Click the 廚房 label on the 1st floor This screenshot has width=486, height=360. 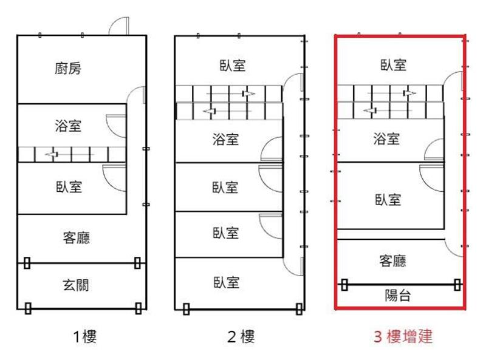(x=68, y=69)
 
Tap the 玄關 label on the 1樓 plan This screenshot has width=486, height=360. (x=76, y=285)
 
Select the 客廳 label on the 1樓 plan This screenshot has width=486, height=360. (x=77, y=237)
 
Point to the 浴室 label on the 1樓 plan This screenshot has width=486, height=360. (x=68, y=126)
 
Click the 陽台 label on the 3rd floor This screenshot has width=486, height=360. (x=398, y=295)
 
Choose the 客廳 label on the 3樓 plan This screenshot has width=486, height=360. (x=392, y=261)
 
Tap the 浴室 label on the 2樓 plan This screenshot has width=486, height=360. (x=225, y=139)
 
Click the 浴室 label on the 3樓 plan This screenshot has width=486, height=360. (x=386, y=138)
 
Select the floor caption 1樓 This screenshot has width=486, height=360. (x=85, y=336)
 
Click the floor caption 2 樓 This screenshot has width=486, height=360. (x=241, y=336)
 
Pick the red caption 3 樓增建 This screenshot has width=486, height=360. (x=403, y=336)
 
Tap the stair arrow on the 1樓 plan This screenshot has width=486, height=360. (x=69, y=154)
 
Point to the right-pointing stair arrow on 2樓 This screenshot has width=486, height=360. (x=231, y=93)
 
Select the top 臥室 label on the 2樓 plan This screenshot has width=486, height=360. (x=233, y=66)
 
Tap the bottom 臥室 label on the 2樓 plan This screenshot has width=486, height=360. (x=226, y=282)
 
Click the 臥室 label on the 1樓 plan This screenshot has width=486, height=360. (x=69, y=187)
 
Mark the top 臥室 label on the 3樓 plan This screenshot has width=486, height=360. (x=393, y=65)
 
